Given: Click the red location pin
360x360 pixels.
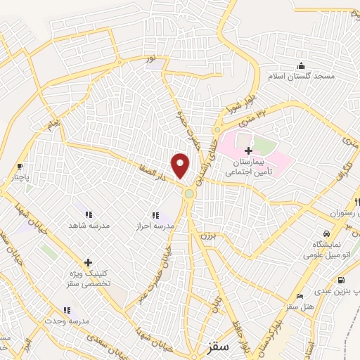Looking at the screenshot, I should click(x=181, y=165).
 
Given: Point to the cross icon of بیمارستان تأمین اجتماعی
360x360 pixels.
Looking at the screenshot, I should click(x=248, y=150).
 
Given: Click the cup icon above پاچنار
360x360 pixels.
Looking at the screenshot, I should click(x=20, y=167).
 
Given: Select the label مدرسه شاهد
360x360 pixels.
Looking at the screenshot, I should click(x=85, y=226).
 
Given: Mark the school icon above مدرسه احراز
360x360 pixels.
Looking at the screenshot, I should click(x=155, y=215).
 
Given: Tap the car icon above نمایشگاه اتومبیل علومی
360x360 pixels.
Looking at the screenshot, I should click(x=327, y=233).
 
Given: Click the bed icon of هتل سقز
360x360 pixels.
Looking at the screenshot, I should click(x=300, y=296).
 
